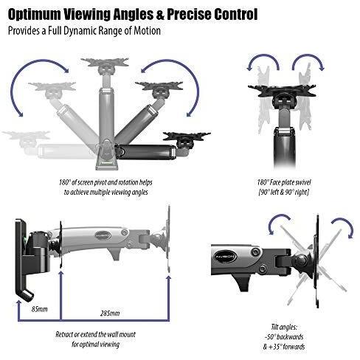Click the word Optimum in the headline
click(x=35, y=15)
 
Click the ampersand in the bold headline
click(x=160, y=15)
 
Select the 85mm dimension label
click(x=39, y=309)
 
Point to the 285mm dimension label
click(x=110, y=314)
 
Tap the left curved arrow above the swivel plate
click(x=263, y=60)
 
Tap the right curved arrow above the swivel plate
click(x=308, y=60)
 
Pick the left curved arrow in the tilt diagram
click(x=277, y=219)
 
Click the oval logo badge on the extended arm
click(x=103, y=235)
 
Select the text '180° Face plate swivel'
click(x=284, y=182)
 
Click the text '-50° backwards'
click(x=284, y=336)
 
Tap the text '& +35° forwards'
click(x=284, y=347)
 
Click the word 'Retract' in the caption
click(x=64, y=334)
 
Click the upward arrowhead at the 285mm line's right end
click(x=168, y=279)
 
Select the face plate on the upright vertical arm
click(x=105, y=62)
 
